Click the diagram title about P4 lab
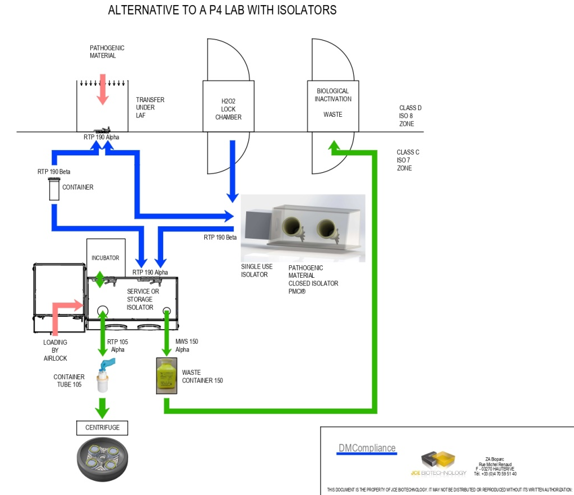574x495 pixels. [222, 10]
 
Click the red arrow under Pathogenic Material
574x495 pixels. [102, 89]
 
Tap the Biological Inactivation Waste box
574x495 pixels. [333, 102]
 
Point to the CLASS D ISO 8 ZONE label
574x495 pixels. [410, 116]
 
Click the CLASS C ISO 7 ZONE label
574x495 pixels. [408, 160]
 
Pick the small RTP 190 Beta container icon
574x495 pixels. [54, 189]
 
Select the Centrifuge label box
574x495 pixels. [102, 427]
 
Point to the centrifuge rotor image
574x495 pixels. [103, 459]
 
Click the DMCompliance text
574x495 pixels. [367, 448]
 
